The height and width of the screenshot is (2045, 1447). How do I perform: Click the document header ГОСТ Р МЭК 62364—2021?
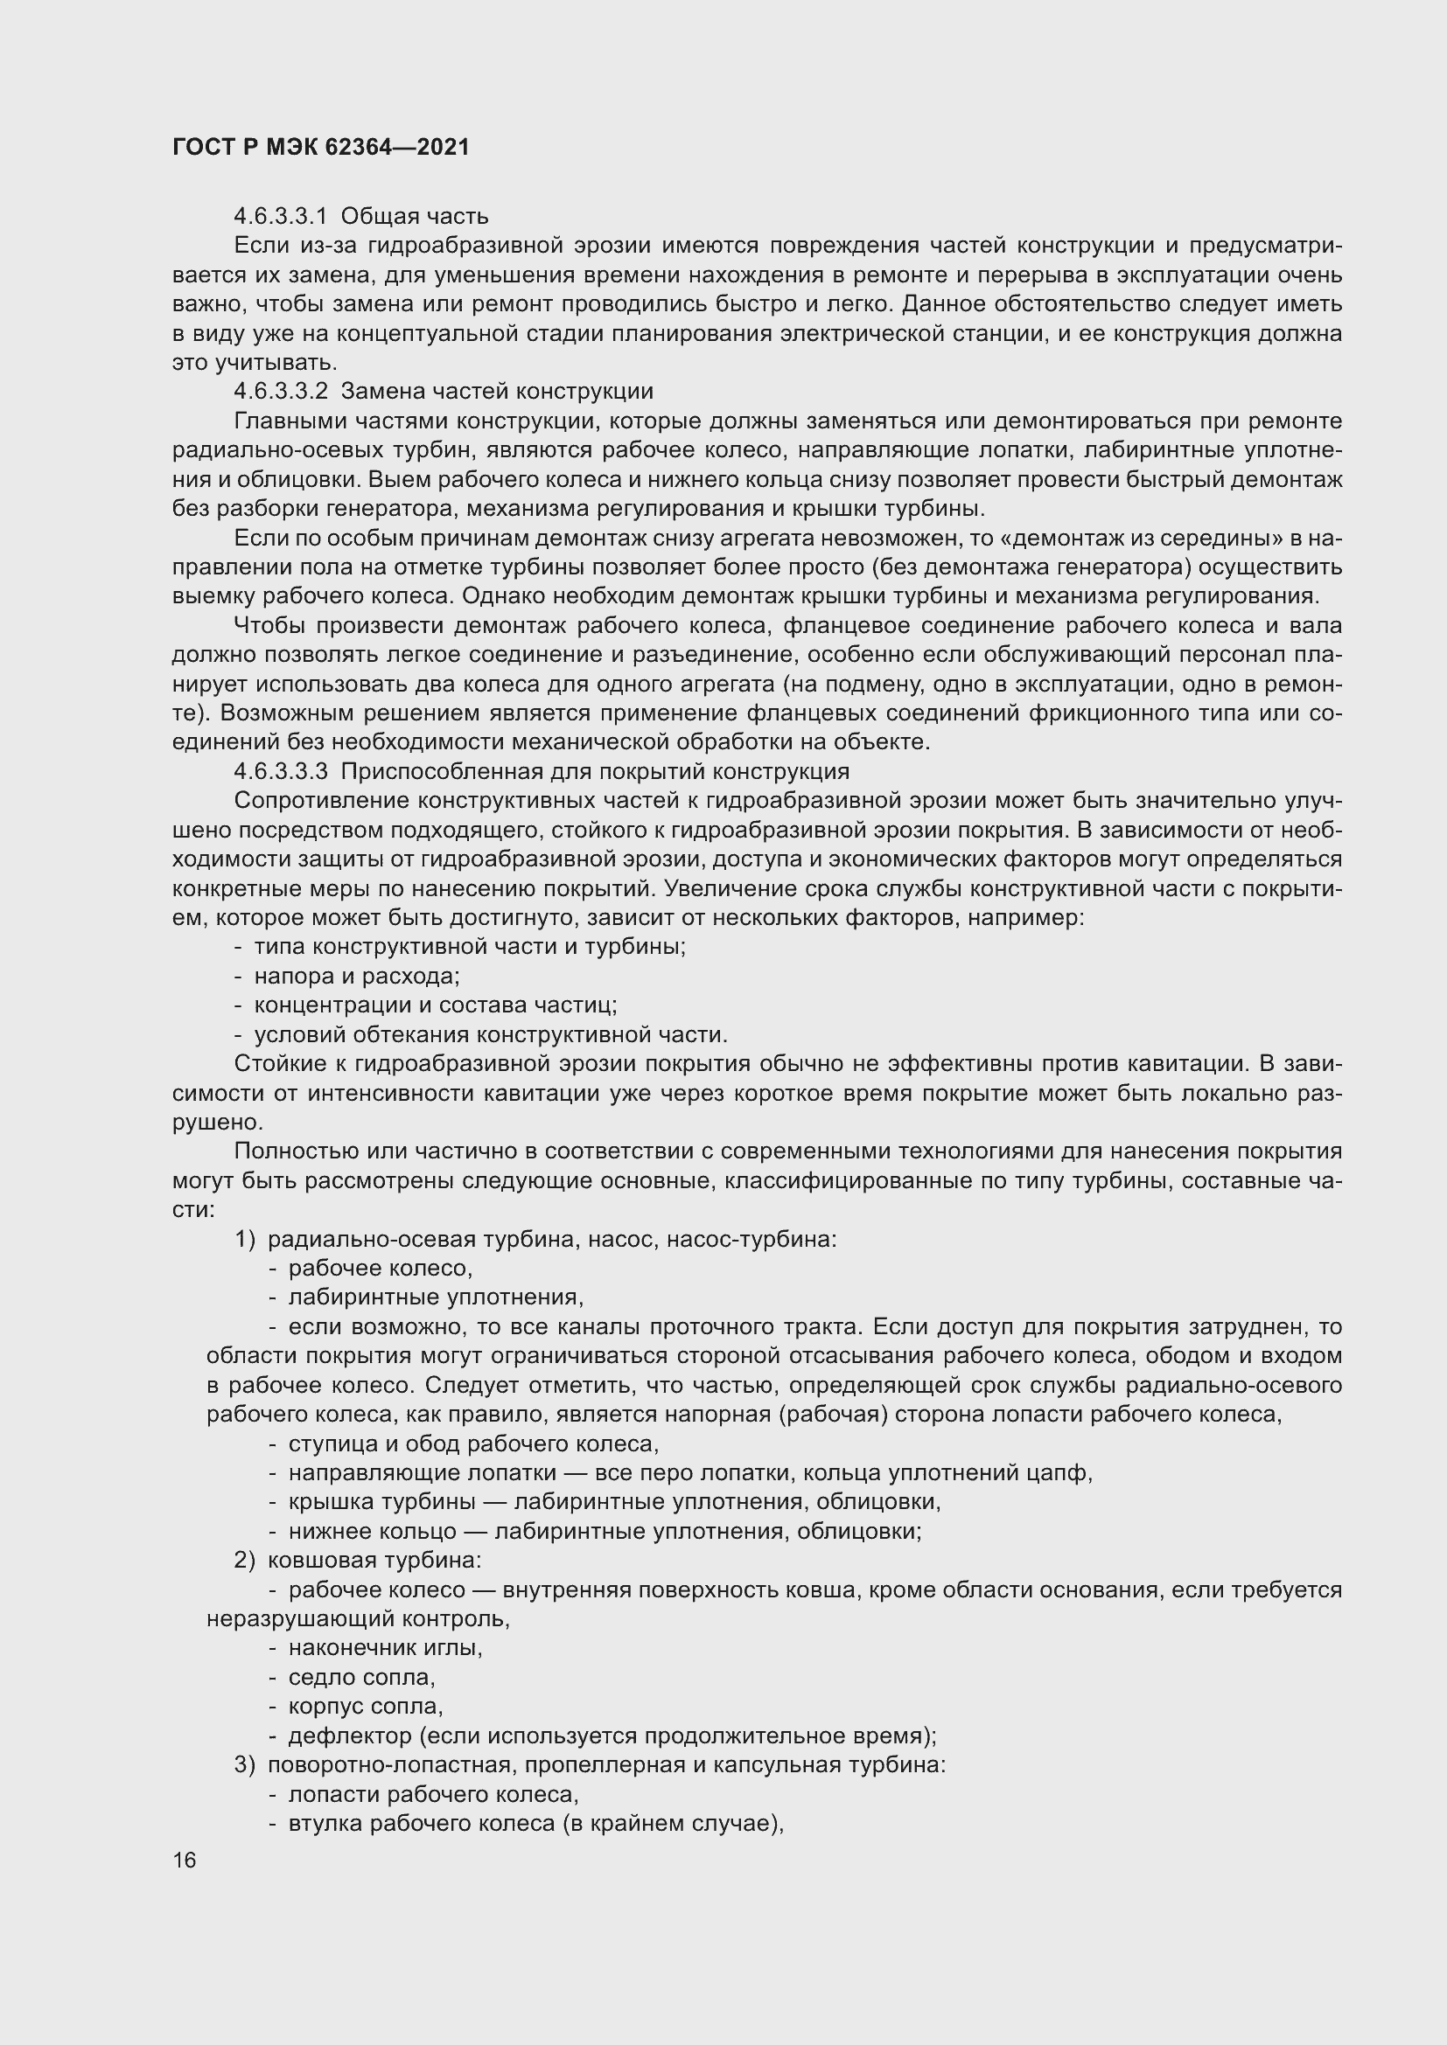(321, 148)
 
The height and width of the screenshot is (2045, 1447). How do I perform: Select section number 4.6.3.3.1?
(281, 217)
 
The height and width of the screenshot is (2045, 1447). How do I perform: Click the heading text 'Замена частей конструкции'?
(497, 391)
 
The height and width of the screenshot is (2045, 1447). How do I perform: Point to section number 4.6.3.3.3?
(281, 771)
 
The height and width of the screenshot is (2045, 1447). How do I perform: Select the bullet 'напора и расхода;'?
(356, 977)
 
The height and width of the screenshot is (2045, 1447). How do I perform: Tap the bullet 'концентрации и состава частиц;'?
(435, 1005)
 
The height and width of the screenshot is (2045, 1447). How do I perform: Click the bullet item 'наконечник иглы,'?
(385, 1648)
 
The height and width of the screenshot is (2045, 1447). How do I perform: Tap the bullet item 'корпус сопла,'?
(366, 1707)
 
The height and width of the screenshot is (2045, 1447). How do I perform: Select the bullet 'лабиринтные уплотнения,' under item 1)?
(436, 1297)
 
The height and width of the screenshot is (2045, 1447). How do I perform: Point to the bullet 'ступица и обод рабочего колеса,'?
(473, 1443)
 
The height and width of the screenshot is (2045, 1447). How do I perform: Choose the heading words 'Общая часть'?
(415, 217)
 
